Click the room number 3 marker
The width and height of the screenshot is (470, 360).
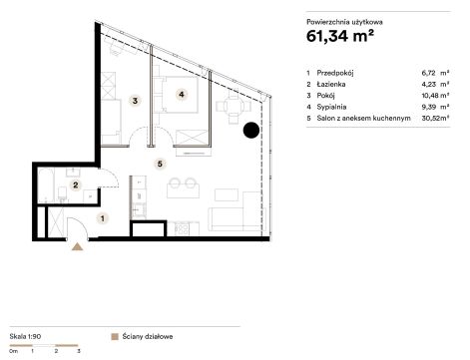(x=135, y=101)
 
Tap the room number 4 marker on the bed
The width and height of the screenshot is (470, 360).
(x=182, y=95)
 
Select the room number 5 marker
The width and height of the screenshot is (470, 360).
(x=160, y=164)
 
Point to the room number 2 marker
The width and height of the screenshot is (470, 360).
(x=76, y=184)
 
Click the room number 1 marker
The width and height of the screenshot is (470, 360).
(x=103, y=218)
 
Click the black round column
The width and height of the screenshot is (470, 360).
(x=251, y=130)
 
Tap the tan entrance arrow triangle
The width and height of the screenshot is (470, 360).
(x=77, y=246)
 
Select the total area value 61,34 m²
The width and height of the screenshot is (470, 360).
(x=340, y=36)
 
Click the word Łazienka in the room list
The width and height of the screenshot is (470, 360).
(x=331, y=84)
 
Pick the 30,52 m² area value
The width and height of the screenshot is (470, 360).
(x=435, y=118)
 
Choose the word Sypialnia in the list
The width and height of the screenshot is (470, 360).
(x=331, y=107)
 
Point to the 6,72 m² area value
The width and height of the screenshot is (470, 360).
(x=435, y=73)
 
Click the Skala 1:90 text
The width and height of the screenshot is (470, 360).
(x=25, y=336)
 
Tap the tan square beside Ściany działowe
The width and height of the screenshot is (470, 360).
(x=115, y=337)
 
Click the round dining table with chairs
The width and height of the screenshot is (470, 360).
(x=234, y=107)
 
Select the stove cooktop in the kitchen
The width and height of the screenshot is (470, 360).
(x=182, y=228)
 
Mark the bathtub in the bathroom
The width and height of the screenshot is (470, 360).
(x=47, y=185)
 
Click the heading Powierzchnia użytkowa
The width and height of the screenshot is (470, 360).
(x=344, y=22)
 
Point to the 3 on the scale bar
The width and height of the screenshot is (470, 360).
(x=79, y=351)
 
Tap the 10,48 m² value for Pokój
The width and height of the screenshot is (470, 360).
(x=435, y=96)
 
